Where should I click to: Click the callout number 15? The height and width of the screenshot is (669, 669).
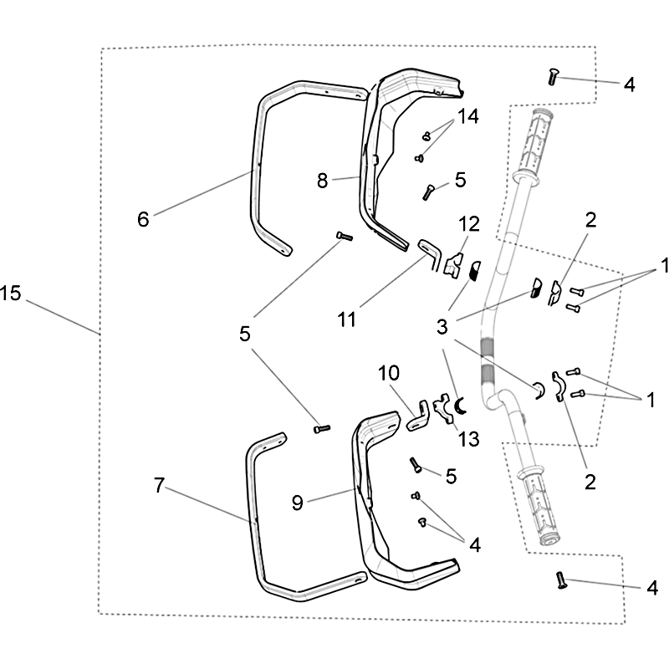pyautogui.click(x=11, y=294)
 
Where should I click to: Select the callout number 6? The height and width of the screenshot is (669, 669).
pyautogui.click(x=143, y=219)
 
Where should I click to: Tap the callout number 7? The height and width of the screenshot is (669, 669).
pyautogui.click(x=160, y=484)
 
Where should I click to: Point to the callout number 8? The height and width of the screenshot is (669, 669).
pyautogui.click(x=324, y=180)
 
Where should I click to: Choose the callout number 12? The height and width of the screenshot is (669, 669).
pyautogui.click(x=468, y=224)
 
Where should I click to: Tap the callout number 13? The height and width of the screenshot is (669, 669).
pyautogui.click(x=469, y=438)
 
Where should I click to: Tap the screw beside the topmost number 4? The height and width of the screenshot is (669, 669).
pyautogui.click(x=553, y=77)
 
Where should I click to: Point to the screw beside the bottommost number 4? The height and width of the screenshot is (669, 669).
pyautogui.click(x=559, y=579)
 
